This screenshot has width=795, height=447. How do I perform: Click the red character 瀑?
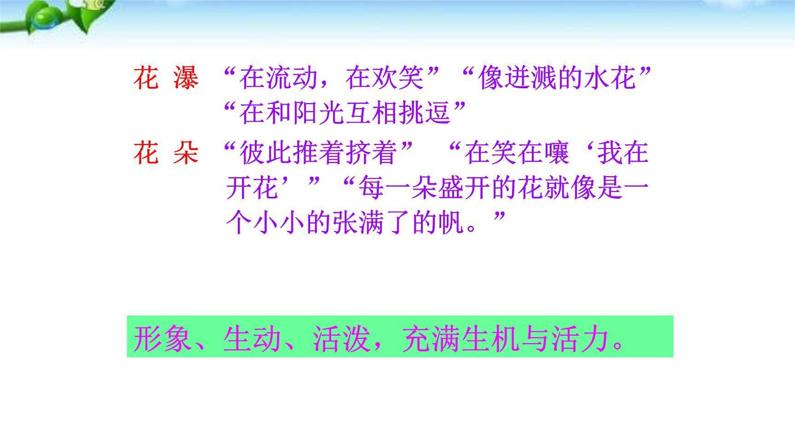point(186,78)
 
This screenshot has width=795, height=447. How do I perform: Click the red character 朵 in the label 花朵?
point(186,153)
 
